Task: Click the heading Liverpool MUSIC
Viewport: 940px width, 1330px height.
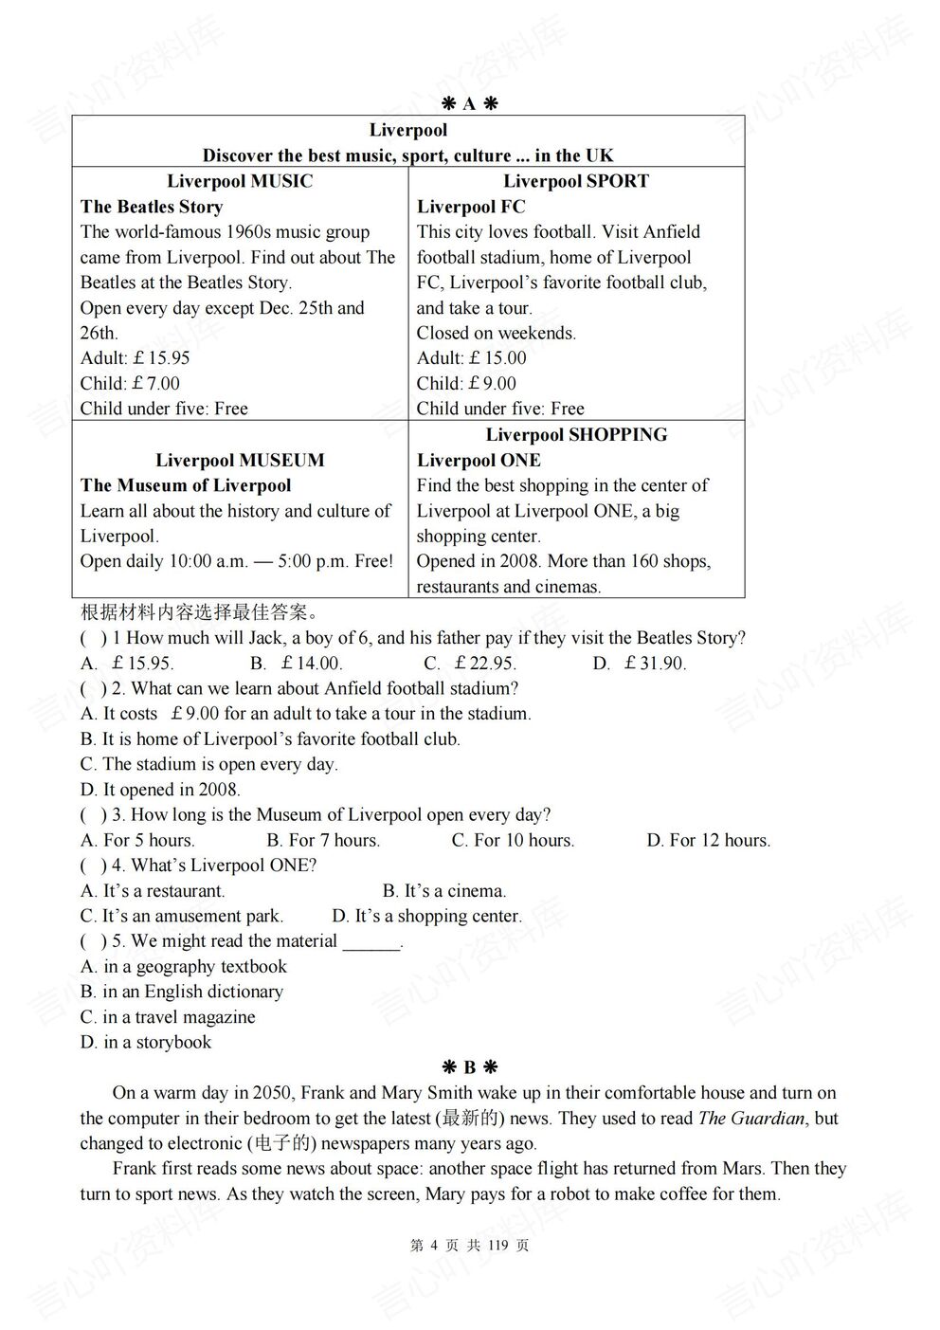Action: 240,181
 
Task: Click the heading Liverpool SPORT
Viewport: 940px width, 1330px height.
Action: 576,181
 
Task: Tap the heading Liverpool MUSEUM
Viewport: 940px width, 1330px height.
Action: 240,461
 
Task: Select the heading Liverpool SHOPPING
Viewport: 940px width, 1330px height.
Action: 576,435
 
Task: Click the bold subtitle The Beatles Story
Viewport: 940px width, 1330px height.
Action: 152,207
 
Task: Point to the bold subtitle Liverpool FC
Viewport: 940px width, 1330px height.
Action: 471,207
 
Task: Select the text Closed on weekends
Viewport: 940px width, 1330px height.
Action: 497,333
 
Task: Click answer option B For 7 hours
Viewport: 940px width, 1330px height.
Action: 323,841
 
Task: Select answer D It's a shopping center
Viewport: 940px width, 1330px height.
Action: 427,917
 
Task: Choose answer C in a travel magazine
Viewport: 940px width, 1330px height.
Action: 168,1017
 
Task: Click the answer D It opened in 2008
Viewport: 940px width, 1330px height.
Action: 160,790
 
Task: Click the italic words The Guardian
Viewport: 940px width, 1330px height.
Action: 751,1119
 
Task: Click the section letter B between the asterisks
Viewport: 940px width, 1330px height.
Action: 469,1067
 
